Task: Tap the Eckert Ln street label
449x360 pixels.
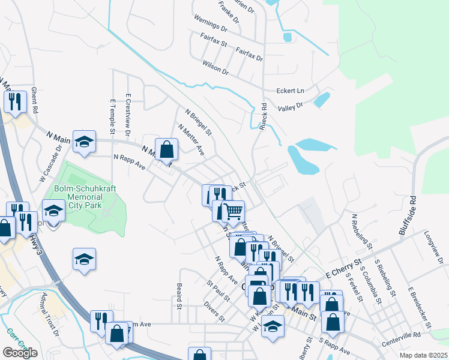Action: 291,91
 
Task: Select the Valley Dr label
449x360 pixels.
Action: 291,107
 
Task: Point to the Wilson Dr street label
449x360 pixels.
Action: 215,67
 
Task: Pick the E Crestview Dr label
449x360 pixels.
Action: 128,113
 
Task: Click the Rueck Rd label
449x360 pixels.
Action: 262,116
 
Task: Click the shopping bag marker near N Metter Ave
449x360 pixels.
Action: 166,148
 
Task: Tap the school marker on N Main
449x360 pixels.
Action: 85,141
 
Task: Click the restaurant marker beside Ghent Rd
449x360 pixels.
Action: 14,101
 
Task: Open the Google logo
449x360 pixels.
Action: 20,353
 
